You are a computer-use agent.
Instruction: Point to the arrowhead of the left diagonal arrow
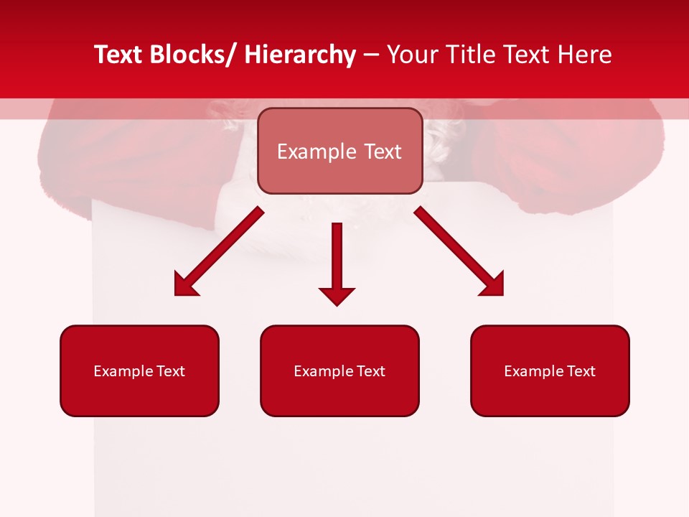click(183, 287)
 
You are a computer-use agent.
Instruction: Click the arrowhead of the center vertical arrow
click(337, 296)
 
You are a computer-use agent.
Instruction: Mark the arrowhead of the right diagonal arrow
click(495, 287)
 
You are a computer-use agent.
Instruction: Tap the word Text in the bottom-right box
click(581, 371)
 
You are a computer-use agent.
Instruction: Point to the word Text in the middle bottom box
click(370, 371)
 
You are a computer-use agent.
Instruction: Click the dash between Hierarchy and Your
click(371, 55)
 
